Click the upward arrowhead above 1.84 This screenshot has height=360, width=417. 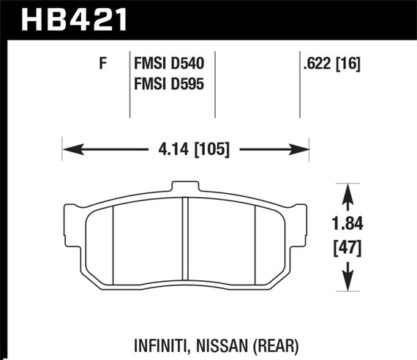pyautogui.click(x=349, y=191)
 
